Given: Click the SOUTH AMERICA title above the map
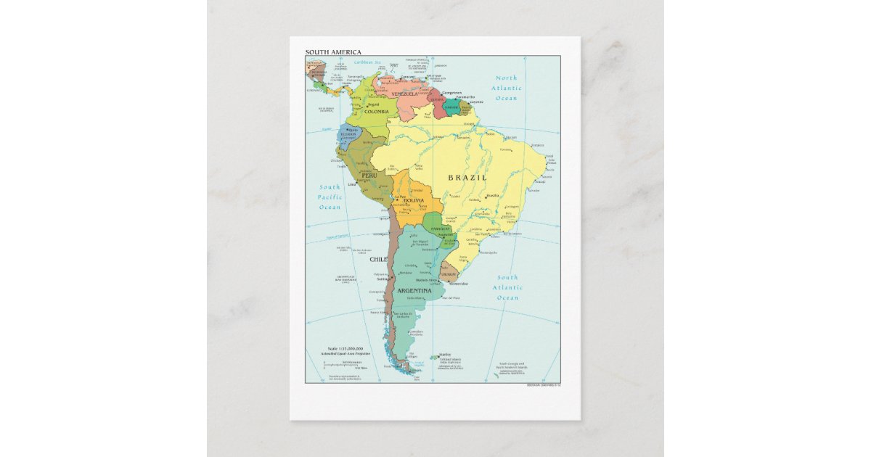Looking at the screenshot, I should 332,52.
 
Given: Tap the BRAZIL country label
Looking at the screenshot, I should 467,178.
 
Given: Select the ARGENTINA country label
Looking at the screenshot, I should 415,291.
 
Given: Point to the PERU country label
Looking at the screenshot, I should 369,175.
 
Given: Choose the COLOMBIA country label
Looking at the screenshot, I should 377,112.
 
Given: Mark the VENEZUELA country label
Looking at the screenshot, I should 404,94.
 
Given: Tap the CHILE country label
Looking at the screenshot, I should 378,259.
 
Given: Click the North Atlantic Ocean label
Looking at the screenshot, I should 507,88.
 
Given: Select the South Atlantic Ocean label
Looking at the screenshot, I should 507,287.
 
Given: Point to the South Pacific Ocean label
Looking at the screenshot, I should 330,197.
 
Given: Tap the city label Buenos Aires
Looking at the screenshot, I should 426,280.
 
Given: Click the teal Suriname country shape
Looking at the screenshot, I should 451,110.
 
